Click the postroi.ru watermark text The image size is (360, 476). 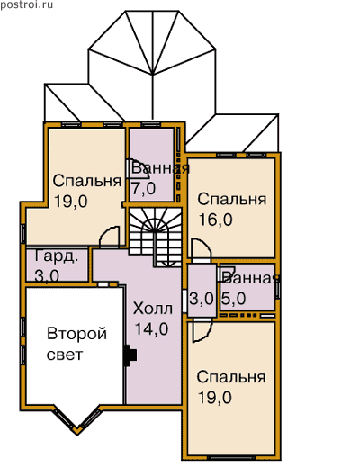[x=27, y=4]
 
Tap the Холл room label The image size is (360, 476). [x=153, y=309]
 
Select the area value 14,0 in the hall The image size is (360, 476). [x=151, y=328]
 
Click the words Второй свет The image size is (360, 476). [x=76, y=344]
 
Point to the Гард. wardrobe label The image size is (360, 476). [x=56, y=256]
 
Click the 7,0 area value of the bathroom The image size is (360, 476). [x=143, y=189]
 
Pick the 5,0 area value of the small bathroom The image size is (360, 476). [x=233, y=299]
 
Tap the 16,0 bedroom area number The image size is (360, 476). [x=215, y=220]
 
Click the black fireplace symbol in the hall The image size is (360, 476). [x=130, y=355]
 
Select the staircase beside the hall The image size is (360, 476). [x=155, y=236]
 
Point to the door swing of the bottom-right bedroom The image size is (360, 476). [x=202, y=331]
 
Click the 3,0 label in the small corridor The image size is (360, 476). [x=202, y=299]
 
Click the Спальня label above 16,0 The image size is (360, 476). [x=232, y=200]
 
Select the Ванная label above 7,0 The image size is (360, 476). [x=160, y=168]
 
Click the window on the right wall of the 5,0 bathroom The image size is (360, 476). [x=277, y=291]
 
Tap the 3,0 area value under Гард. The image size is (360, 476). [x=47, y=275]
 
